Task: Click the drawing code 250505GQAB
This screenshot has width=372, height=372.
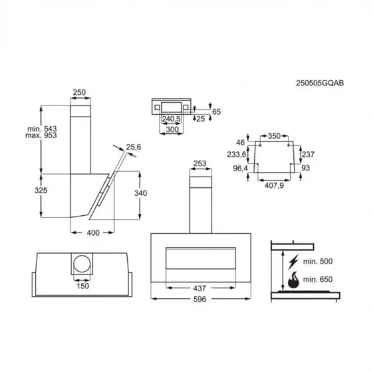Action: point(319,83)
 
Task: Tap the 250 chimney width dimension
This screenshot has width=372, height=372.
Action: point(79,92)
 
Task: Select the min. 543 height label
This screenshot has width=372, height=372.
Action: point(42,129)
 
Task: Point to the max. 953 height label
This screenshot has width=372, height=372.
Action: point(41,135)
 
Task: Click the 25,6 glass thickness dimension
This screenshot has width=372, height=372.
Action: point(133,147)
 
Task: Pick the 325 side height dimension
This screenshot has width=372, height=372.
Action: point(41,190)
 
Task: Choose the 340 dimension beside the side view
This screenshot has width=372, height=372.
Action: point(141,193)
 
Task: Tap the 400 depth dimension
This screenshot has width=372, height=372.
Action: point(93,233)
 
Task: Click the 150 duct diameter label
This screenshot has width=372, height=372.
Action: point(82,286)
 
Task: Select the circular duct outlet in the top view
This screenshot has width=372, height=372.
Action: point(82,264)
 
